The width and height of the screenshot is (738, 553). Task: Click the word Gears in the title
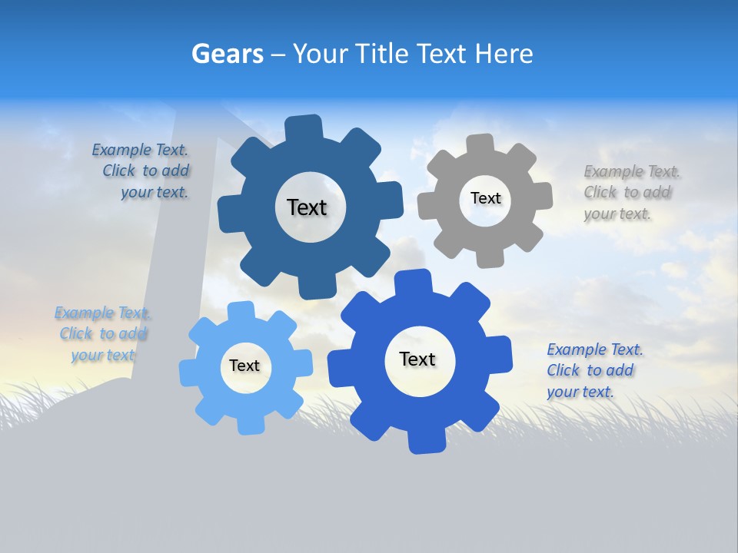228,54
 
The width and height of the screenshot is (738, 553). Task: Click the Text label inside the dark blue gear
307,207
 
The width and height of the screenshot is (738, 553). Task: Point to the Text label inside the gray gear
485,198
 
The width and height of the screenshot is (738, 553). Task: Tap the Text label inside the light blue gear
244,366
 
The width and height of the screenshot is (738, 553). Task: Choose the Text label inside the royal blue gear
417,359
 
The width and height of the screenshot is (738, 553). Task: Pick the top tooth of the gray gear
480,145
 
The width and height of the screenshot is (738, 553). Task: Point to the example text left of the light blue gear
102,333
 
